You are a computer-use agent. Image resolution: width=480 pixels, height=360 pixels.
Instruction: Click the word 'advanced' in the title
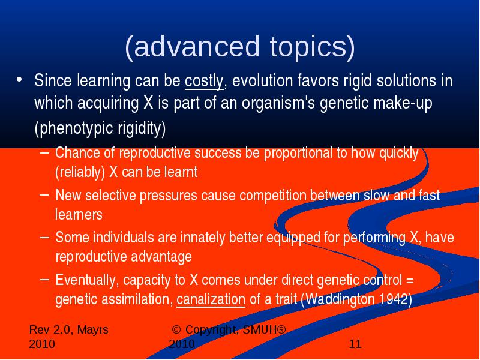(x=197, y=46)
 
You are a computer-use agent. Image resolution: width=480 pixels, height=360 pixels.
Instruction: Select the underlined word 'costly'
(x=204, y=81)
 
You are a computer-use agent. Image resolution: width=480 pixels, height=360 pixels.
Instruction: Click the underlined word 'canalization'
(x=211, y=299)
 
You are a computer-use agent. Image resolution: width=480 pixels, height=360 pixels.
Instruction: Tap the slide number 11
(x=355, y=344)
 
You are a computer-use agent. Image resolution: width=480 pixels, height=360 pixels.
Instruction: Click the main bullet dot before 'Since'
(x=19, y=80)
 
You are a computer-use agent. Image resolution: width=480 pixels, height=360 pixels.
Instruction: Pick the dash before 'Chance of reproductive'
(x=44, y=151)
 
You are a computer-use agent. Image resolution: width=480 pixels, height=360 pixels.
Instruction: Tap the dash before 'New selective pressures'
(x=44, y=193)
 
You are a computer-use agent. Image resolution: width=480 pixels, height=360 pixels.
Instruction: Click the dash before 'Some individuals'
(x=44, y=236)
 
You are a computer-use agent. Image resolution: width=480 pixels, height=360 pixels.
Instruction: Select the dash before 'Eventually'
(x=44, y=278)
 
